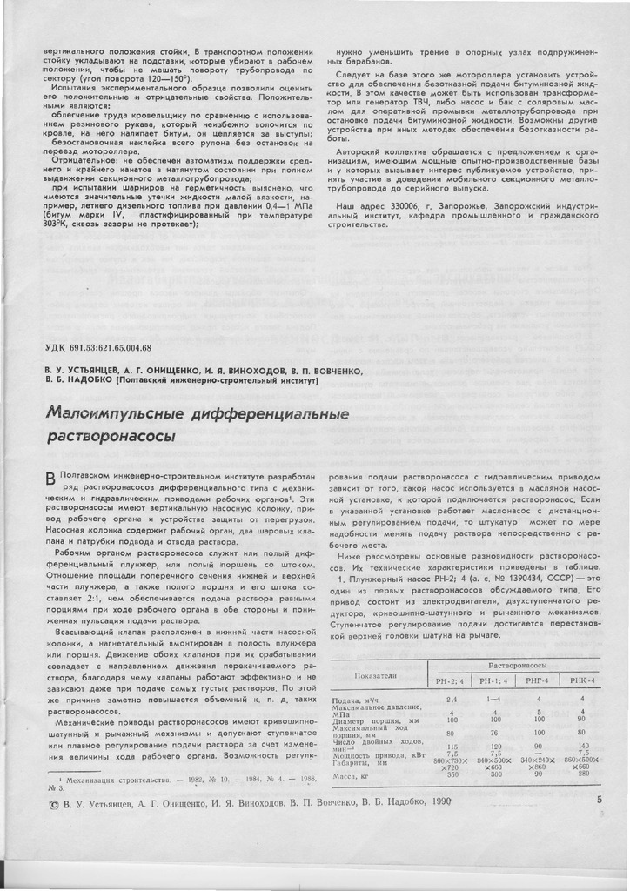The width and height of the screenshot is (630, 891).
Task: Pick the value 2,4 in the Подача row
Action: [x=452, y=699]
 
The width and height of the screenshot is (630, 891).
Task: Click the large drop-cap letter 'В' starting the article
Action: [x=50, y=480]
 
